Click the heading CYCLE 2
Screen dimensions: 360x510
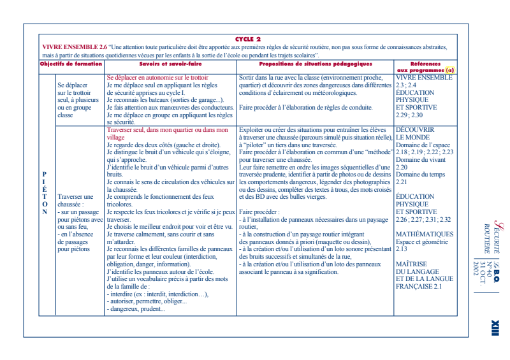pyautogui.click(x=248, y=39)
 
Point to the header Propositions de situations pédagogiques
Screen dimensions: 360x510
pyautogui.click(x=315, y=64)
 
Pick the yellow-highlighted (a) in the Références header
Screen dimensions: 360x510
pyautogui.click(x=450, y=69)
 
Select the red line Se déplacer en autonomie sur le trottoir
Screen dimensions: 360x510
pyautogui.click(x=157, y=77)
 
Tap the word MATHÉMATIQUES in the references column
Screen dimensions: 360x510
pyautogui.click(x=424, y=234)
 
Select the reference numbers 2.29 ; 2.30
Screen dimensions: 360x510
pyautogui.click(x=409, y=115)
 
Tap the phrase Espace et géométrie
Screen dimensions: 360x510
pyautogui.click(x=422, y=241)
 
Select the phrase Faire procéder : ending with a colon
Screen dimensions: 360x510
pyautogui.click(x=259, y=212)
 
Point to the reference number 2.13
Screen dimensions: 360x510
pyautogui.click(x=402, y=249)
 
